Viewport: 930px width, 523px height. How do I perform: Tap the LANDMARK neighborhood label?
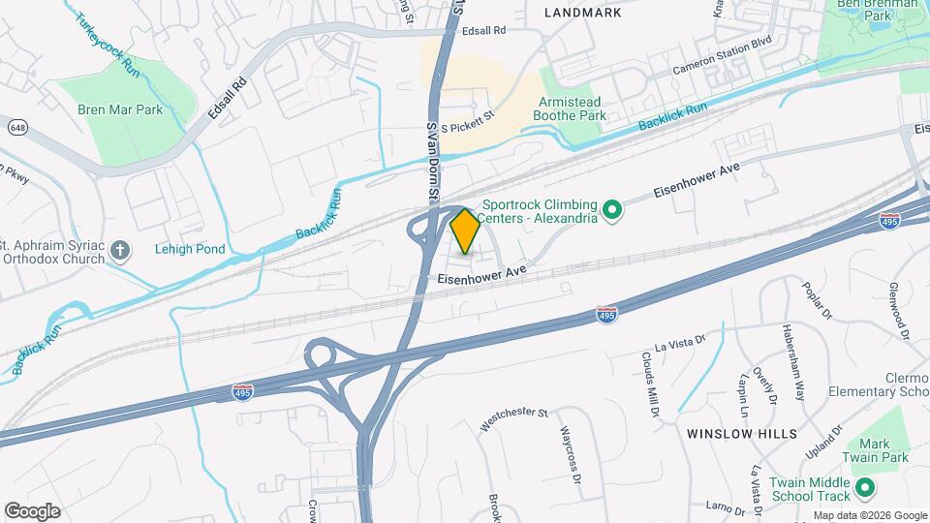coord(581,13)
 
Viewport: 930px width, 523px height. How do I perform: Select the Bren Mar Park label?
coord(120,109)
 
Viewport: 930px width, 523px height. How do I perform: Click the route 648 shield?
coord(16,128)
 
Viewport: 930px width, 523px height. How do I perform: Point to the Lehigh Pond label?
coord(190,249)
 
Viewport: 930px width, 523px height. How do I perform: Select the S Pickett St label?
coord(468,127)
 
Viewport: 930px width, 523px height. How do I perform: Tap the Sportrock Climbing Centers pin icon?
coord(612,209)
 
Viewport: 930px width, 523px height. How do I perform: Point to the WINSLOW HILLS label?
coord(742,433)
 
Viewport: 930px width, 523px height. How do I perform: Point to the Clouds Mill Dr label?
coord(650,383)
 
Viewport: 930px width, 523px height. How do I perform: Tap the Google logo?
coord(32,510)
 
